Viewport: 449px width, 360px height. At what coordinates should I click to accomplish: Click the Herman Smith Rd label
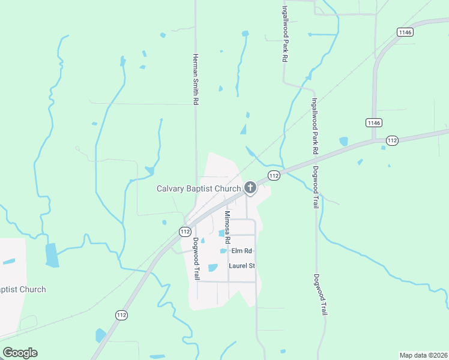click(195, 80)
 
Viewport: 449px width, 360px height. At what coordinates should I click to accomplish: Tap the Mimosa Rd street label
click(228, 226)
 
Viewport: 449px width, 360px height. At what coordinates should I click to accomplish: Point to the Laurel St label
click(242, 265)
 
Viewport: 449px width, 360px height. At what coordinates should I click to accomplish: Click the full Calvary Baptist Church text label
click(199, 188)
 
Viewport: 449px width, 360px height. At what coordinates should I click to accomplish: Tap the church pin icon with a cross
click(250, 188)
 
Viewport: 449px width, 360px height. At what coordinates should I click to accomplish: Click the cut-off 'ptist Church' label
click(23, 289)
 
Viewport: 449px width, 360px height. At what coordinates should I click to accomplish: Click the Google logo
click(20, 353)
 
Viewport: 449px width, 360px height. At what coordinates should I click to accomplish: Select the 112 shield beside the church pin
click(274, 175)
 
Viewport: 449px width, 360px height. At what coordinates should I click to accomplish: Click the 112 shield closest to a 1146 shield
click(391, 140)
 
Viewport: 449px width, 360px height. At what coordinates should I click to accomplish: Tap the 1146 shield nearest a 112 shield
click(373, 122)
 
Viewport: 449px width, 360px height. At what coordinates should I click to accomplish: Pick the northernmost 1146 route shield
click(405, 32)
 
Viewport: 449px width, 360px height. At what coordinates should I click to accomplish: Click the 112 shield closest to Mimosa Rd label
click(185, 231)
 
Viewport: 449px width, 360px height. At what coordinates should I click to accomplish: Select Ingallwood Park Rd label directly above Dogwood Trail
click(314, 127)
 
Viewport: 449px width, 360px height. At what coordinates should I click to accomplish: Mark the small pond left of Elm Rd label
click(223, 251)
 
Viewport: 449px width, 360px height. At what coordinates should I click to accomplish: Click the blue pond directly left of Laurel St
click(212, 268)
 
